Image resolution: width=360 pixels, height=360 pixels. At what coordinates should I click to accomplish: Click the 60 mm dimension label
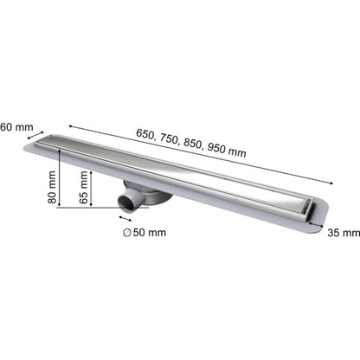pyautogui.click(x=16, y=127)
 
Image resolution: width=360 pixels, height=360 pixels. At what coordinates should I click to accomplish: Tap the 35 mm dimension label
pyautogui.click(x=344, y=233)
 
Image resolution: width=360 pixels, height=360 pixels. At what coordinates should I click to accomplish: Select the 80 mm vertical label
pyautogui.click(x=52, y=187)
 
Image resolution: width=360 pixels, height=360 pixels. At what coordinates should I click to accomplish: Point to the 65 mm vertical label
pyautogui.click(x=83, y=187)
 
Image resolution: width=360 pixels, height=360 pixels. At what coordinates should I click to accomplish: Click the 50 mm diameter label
pyautogui.click(x=150, y=233)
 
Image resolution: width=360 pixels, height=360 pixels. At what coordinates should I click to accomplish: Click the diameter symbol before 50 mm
pyautogui.click(x=127, y=233)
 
